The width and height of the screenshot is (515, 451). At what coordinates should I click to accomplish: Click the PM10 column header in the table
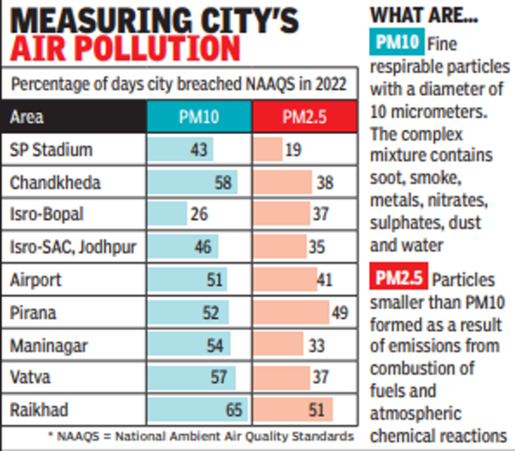197,118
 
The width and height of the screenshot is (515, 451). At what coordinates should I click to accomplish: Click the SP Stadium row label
51,149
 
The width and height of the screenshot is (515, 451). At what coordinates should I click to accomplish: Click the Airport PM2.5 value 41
323,279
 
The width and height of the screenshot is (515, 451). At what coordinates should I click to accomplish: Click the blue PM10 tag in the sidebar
396,43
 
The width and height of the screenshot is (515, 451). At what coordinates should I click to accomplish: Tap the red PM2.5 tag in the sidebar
399,278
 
